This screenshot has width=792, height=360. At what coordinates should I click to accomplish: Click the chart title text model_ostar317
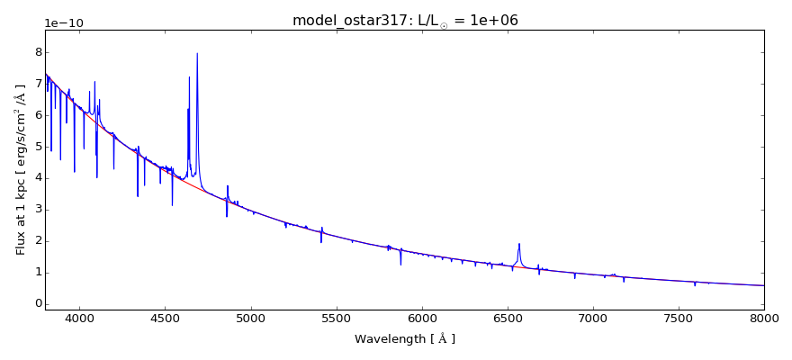(x=346, y=20)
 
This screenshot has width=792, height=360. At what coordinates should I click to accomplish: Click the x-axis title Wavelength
(x=404, y=339)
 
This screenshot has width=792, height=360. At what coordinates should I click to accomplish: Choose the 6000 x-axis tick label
(x=421, y=319)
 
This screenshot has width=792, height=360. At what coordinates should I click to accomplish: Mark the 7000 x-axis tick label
(x=593, y=319)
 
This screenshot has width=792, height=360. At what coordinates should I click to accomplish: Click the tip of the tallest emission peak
(x=197, y=53)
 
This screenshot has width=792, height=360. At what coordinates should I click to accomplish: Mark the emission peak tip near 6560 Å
(x=519, y=244)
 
